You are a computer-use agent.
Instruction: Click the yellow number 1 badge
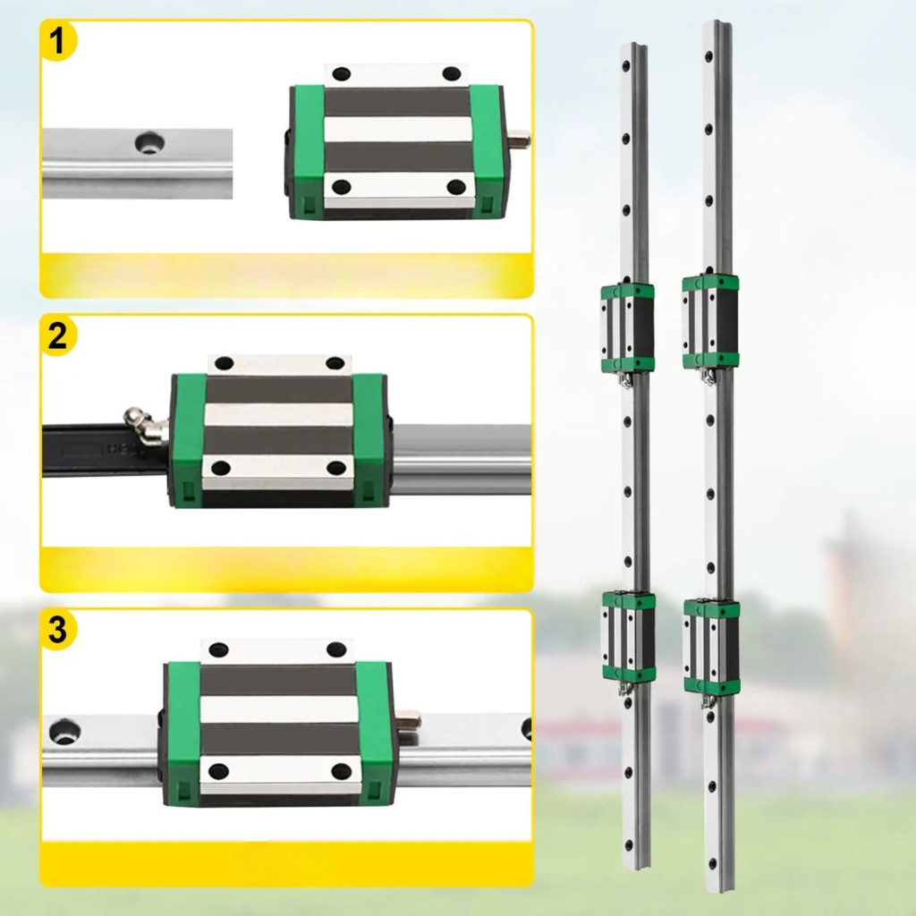point(58,41)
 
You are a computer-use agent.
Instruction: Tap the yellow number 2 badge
point(58,336)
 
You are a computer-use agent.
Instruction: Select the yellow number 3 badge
point(58,631)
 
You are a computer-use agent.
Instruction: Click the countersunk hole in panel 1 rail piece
point(149,142)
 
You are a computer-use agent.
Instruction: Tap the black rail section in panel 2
point(106,451)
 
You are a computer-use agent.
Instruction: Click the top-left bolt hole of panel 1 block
point(341,74)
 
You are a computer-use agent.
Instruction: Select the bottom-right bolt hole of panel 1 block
point(455,187)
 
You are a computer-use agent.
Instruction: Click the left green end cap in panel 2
point(187,440)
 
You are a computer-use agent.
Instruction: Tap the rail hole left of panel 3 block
point(64,731)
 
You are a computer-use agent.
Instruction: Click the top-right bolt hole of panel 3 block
point(336,649)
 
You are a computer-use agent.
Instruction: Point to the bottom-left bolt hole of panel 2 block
point(221,468)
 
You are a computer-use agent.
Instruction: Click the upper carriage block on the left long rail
point(627,328)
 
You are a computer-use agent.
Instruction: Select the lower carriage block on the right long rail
point(711,648)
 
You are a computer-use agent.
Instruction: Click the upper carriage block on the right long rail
point(710,322)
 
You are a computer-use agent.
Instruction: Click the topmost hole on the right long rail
point(708,57)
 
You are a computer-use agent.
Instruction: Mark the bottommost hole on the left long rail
point(629,844)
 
